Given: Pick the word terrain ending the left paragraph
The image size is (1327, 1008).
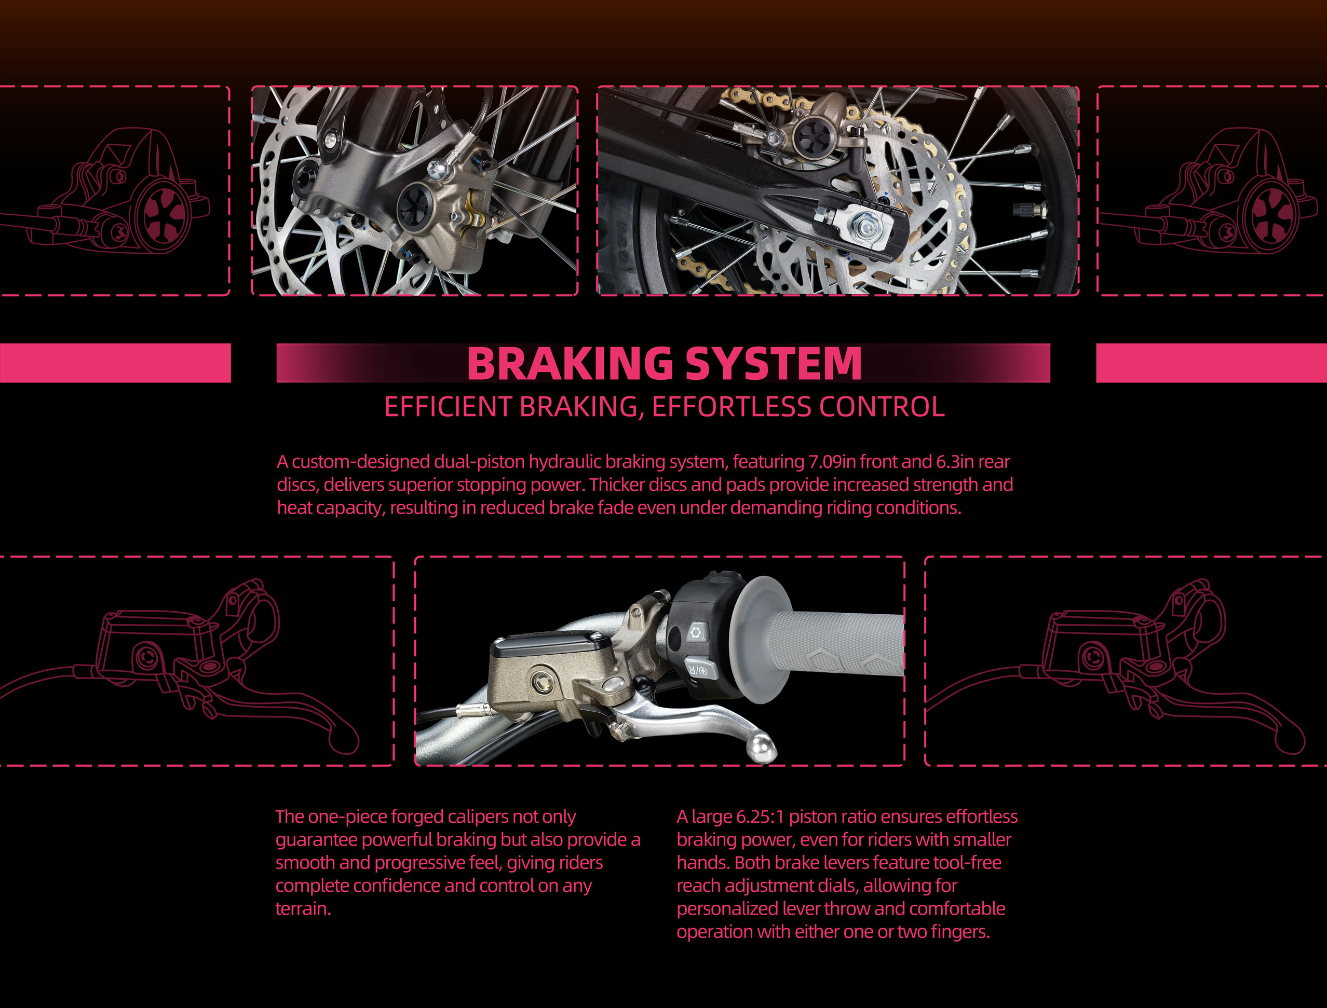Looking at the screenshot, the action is coord(303,909).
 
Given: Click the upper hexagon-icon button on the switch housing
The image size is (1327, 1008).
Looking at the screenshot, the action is coord(697,632).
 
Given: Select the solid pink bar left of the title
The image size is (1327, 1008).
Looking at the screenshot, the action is coord(115,363).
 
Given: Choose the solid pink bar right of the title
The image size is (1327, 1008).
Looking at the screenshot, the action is coord(1212,363).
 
